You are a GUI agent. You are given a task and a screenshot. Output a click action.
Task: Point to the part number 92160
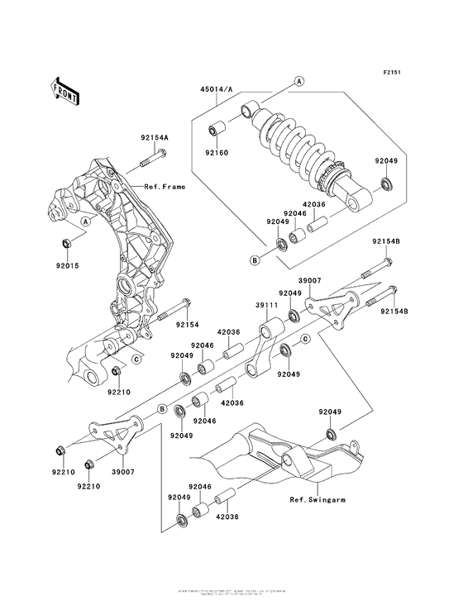[x=217, y=152]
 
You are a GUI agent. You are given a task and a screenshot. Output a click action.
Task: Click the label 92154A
[x=153, y=137]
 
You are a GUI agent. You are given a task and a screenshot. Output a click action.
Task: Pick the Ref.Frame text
[x=165, y=187]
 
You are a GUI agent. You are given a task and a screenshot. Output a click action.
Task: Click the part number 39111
[x=265, y=305]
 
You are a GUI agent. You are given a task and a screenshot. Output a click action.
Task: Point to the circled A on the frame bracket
[x=87, y=223]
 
